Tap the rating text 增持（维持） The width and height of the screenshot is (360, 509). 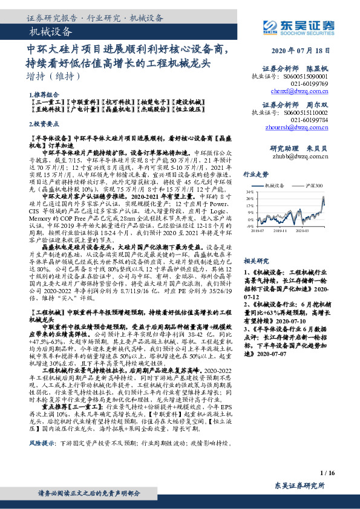coord(54,76)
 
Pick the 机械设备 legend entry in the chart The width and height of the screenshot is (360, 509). coord(277,184)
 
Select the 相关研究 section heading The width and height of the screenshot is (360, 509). coord(255,260)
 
